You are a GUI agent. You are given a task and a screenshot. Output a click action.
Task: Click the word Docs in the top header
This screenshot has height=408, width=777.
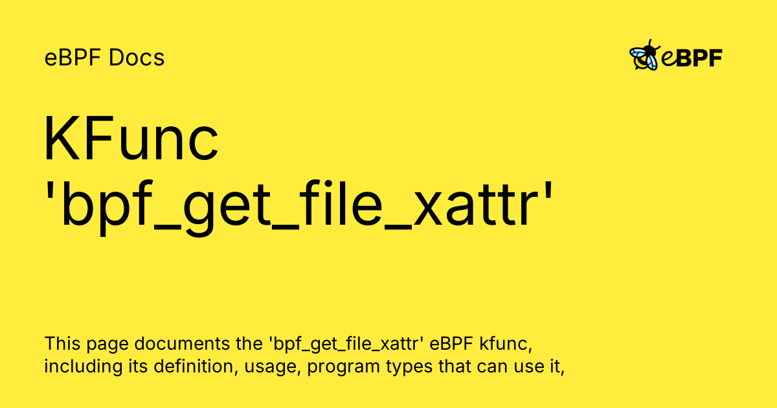(137, 57)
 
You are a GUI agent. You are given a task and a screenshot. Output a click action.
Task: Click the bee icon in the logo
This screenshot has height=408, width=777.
(644, 55)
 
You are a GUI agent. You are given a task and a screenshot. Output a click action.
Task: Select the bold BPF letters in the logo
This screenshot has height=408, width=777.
(699, 58)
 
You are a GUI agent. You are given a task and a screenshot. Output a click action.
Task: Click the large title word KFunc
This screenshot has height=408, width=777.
(131, 138)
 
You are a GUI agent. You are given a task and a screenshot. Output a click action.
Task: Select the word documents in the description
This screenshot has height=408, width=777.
(182, 343)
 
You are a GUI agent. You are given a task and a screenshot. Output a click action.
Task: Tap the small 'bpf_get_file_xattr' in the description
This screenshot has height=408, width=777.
(346, 344)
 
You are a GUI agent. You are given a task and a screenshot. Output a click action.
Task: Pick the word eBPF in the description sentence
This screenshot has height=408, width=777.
(451, 343)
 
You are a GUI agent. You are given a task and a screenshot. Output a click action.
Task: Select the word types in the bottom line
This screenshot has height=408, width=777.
(409, 367)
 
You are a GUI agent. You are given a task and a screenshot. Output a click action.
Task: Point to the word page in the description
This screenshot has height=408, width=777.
(107, 345)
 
